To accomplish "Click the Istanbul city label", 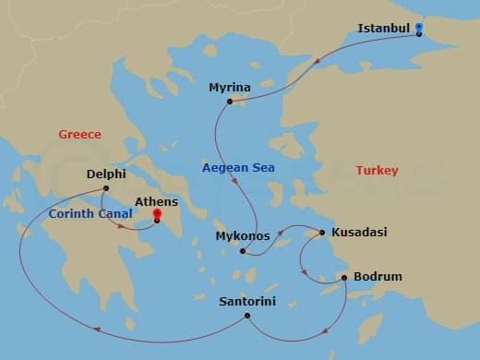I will click(383, 29).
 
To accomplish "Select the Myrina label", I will click(229, 88).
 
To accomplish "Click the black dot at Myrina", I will click(231, 102).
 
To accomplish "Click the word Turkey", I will click(377, 171).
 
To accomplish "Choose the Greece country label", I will click(79, 135).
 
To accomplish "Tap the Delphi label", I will click(105, 173).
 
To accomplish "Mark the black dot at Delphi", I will click(105, 188).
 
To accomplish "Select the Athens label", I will click(157, 201).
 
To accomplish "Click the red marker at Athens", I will click(157, 218).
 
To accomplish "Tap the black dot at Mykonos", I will click(242, 251).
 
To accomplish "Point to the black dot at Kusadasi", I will click(322, 233).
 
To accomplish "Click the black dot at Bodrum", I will click(344, 277).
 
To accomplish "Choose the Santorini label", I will click(247, 301).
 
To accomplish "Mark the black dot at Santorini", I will click(246, 317).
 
